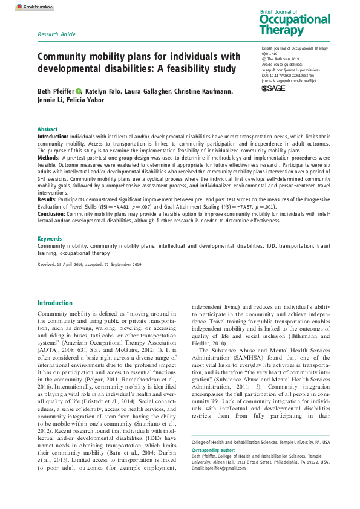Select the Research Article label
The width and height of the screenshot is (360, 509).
[56, 34]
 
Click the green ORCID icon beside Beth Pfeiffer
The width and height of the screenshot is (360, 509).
[79, 91]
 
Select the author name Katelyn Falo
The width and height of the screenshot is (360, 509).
[105, 91]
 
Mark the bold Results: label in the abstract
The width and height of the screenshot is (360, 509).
[48, 198]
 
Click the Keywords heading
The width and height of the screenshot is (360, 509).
[50, 239]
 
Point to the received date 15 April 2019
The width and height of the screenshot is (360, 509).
[69, 265]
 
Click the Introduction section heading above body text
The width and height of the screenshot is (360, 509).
[55, 303]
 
